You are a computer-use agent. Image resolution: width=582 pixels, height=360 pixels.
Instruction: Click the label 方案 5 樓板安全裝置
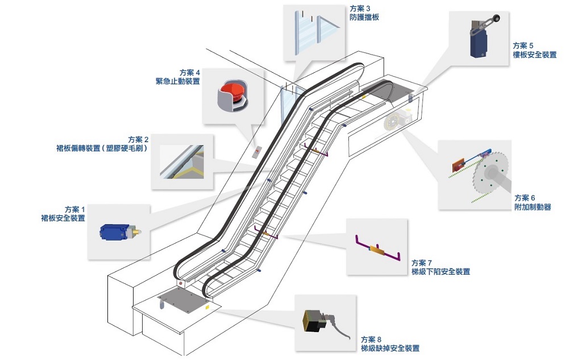click(x=534, y=50)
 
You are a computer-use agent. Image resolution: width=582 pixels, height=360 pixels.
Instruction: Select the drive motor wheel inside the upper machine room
click(x=393, y=122)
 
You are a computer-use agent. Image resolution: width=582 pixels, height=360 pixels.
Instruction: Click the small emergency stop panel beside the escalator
click(x=258, y=152)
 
